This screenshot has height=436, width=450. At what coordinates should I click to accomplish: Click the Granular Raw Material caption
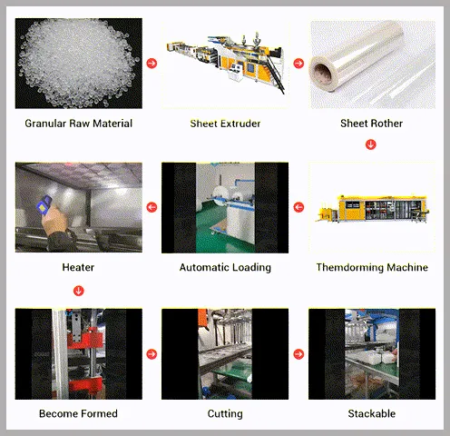[79, 124]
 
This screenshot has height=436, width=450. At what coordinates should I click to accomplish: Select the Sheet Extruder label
[225, 124]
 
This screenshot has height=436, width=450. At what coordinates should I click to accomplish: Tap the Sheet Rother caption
[371, 124]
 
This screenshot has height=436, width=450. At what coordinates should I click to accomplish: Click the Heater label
[78, 268]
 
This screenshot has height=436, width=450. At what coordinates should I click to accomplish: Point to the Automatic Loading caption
[225, 268]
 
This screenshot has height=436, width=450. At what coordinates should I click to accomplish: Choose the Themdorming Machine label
[371, 268]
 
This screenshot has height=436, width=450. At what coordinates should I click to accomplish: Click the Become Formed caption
[78, 413]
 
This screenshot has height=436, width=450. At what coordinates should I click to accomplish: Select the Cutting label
[225, 413]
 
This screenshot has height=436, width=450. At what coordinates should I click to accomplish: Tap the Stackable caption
[371, 413]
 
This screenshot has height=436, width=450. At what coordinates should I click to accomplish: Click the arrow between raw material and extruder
[152, 64]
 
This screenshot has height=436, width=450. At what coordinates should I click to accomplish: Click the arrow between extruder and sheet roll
[298, 64]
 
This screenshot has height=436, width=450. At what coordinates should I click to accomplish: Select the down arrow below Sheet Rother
[370, 144]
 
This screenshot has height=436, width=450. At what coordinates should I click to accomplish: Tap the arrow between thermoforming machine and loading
[298, 208]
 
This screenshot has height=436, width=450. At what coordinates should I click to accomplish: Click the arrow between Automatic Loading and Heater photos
[152, 208]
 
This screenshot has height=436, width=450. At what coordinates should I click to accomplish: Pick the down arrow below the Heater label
[79, 291]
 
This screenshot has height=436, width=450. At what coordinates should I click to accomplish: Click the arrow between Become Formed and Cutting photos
[152, 354]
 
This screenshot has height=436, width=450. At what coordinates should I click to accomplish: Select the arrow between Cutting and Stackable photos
[298, 354]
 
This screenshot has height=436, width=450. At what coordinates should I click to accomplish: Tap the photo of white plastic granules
[79, 64]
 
